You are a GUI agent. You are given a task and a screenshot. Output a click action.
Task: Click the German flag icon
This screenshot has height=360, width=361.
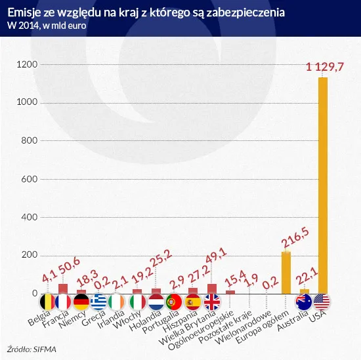[81, 302]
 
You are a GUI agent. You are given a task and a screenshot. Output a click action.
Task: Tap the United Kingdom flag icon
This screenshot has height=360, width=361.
[212, 302]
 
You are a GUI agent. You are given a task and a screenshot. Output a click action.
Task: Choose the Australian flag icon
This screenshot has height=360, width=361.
[304, 302]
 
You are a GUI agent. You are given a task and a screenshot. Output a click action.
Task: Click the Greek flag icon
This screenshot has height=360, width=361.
[100, 302]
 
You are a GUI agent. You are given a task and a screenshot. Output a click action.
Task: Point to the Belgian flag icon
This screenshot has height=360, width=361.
[45, 302]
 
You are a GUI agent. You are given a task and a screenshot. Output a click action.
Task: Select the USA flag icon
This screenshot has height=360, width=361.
[323, 302]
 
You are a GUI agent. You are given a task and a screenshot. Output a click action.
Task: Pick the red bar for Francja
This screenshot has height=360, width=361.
[63, 288]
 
